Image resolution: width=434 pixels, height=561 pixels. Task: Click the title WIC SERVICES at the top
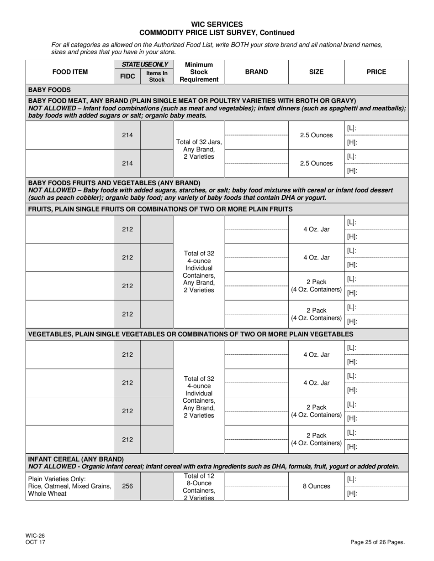(x=217, y=24)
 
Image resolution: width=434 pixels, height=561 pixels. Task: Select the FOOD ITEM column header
(x=70, y=72)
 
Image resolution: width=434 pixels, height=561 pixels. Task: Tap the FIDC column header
(x=127, y=76)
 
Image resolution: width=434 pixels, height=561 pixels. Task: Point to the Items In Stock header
(x=157, y=76)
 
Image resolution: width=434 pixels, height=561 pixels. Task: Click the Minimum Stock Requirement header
(x=199, y=72)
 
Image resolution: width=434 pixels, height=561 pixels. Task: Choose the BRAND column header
(x=256, y=72)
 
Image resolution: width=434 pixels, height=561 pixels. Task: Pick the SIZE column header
(x=316, y=72)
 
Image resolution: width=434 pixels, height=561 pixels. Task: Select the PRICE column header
(x=376, y=72)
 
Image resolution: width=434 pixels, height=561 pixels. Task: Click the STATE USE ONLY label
(x=144, y=64)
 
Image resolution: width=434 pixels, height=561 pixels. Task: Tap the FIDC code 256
(x=127, y=486)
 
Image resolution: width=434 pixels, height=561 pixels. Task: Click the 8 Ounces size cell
(x=316, y=486)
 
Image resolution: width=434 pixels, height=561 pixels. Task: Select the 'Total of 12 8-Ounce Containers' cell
(x=199, y=486)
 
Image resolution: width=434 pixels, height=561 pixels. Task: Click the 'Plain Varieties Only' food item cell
(x=70, y=486)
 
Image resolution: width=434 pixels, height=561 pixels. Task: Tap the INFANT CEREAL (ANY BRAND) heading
(x=76, y=459)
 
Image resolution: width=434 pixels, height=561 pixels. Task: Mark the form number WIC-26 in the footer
(x=35, y=536)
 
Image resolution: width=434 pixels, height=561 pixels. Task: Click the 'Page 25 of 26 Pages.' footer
(x=377, y=542)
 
